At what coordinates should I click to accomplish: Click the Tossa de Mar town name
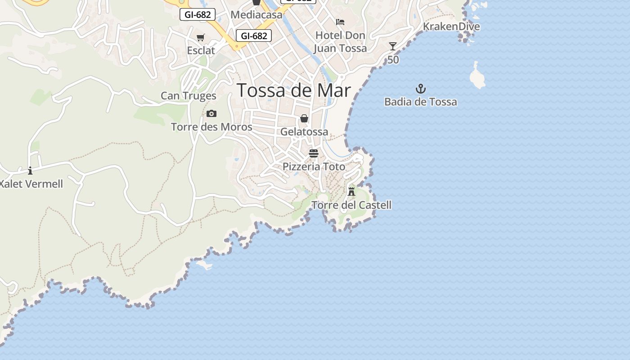(x=293, y=90)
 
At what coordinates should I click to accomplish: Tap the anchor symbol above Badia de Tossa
(x=420, y=88)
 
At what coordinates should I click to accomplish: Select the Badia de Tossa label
(x=420, y=102)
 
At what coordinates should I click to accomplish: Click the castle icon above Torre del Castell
(x=351, y=191)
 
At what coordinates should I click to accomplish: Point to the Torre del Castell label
(x=351, y=205)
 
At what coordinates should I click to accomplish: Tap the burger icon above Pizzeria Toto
(x=314, y=153)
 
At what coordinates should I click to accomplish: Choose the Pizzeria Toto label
(x=314, y=166)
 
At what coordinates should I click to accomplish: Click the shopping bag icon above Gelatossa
(x=304, y=118)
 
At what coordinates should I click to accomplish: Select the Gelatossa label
(x=304, y=132)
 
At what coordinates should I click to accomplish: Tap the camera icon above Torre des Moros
(x=211, y=113)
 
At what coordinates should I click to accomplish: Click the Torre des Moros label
(x=211, y=127)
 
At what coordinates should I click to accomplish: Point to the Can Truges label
(x=189, y=96)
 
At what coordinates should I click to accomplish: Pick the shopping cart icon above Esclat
(x=201, y=37)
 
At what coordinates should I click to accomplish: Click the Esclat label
(x=201, y=50)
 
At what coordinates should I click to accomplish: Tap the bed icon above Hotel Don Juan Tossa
(x=340, y=22)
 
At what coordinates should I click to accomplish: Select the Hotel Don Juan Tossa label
(x=340, y=42)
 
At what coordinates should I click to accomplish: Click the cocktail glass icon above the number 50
(x=393, y=46)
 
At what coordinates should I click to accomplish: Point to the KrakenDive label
(x=451, y=27)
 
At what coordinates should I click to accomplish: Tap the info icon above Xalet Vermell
(x=30, y=171)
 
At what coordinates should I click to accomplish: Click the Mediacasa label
(x=256, y=15)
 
